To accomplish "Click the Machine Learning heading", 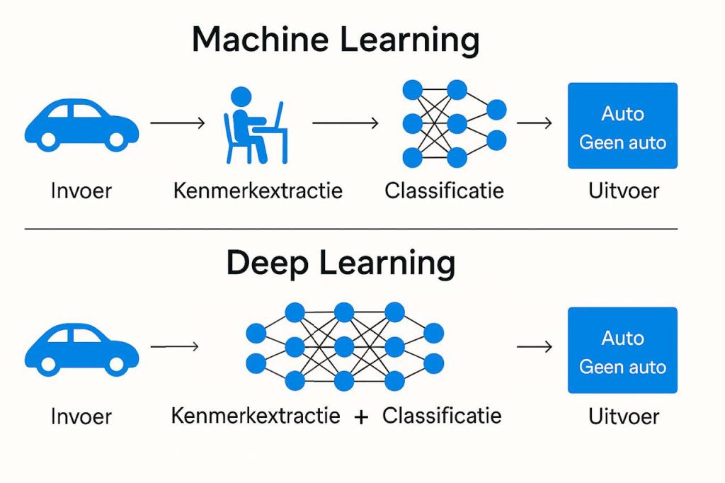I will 336,40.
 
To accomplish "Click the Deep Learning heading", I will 341,263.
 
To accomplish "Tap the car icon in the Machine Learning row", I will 81,125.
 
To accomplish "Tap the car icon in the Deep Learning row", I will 81,349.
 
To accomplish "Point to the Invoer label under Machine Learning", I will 81,191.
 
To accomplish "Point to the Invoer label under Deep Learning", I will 81,416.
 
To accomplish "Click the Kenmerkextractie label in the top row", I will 258,191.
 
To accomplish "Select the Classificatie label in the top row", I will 444,191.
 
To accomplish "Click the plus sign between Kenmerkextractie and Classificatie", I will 361,417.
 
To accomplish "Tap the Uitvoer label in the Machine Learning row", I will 623,191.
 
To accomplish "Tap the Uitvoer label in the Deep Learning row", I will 623,416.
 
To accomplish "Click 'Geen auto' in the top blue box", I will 622,142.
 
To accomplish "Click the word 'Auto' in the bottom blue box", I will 622,338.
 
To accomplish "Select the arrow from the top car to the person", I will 178,123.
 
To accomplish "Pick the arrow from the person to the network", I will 346,123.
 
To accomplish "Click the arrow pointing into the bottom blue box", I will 535,347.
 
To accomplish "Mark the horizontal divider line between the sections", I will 350,229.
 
